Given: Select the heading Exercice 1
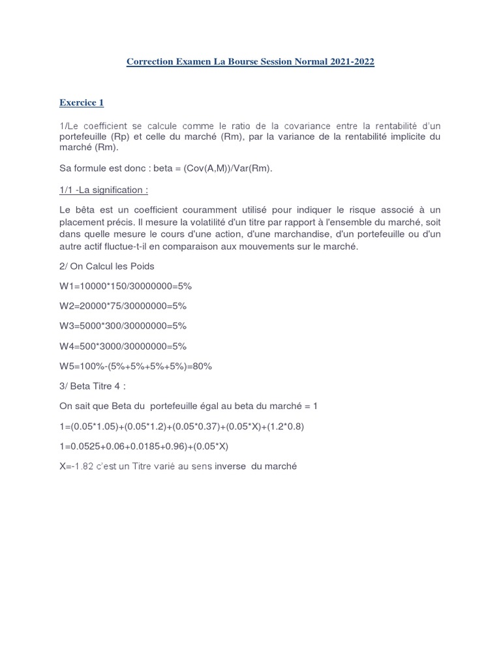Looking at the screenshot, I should coord(82,102).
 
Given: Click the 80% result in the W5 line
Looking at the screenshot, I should coord(202,367).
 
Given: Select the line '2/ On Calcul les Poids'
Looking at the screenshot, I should coord(104,266).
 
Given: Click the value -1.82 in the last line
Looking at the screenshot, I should coord(83,466).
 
